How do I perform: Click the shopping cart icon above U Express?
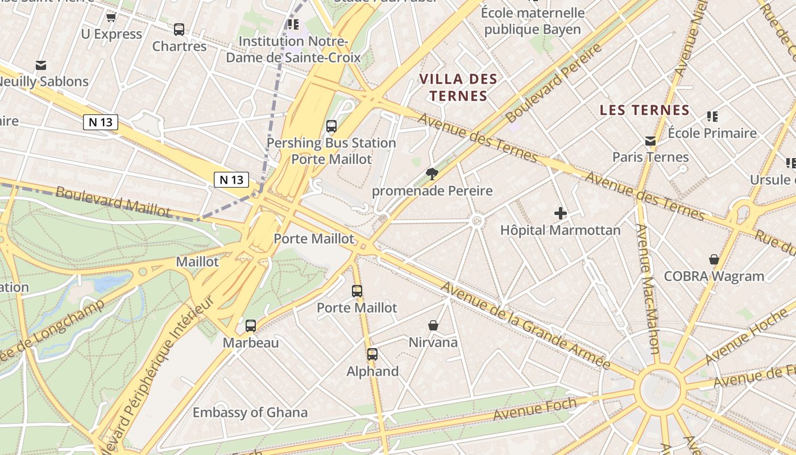coord(111,18)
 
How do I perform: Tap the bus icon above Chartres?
coord(179,30)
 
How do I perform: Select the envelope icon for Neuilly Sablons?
coord(41,65)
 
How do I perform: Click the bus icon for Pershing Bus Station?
coord(331,126)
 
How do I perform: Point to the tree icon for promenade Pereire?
coord(432,174)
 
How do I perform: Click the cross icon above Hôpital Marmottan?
coord(561,214)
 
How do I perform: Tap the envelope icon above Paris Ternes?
coord(650,141)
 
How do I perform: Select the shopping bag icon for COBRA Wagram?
coord(714,260)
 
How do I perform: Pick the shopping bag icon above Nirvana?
coord(433,326)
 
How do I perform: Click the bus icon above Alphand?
coord(372,354)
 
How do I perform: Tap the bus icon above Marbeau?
coord(251,326)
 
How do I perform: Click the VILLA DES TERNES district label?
coord(458,87)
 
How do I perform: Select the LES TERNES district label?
coord(645,110)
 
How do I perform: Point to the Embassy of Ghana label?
coord(250,412)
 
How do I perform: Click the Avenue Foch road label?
coord(534,409)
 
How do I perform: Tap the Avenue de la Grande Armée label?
coord(525,325)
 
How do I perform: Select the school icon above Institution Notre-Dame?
coord(293,24)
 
